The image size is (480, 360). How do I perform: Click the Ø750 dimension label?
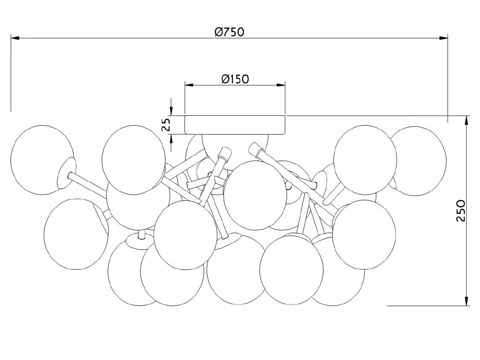pos(229,32)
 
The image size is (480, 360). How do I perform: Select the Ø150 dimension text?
pos(235,79)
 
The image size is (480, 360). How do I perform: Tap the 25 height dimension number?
pos(166,125)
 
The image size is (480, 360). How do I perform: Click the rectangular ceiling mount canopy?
pos(235,125)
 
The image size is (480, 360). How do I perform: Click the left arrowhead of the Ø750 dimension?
pos(15,38)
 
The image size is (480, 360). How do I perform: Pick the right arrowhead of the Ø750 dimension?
pos(443,38)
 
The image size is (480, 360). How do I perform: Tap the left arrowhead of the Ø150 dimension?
pos(190,85)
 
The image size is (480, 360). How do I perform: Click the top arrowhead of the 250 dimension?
pos(467,120)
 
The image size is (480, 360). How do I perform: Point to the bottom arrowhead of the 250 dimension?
pos(467,301)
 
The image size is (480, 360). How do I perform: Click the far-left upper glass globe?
pos(42,160)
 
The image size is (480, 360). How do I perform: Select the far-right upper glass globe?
pos(418,161)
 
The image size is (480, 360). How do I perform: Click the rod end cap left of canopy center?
pos(225,152)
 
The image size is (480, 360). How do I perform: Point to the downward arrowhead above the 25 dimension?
pos(171,111)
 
